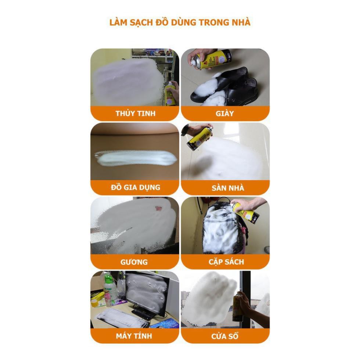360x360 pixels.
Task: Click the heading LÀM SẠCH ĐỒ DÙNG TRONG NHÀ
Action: [x=180, y=22]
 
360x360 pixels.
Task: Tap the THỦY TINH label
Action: [x=136, y=113]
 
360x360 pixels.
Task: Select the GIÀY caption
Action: [x=224, y=114]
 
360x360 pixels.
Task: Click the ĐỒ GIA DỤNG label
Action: [x=136, y=187]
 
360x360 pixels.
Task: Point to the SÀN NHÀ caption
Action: [x=228, y=188]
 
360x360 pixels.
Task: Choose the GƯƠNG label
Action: [x=134, y=262]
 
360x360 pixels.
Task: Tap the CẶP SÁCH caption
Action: [x=226, y=262]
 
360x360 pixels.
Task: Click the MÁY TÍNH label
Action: [x=134, y=336]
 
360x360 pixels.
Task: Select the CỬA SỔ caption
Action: [x=225, y=336]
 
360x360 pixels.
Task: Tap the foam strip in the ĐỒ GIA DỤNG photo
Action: [x=136, y=158]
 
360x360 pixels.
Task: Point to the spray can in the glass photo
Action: [x=170, y=93]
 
